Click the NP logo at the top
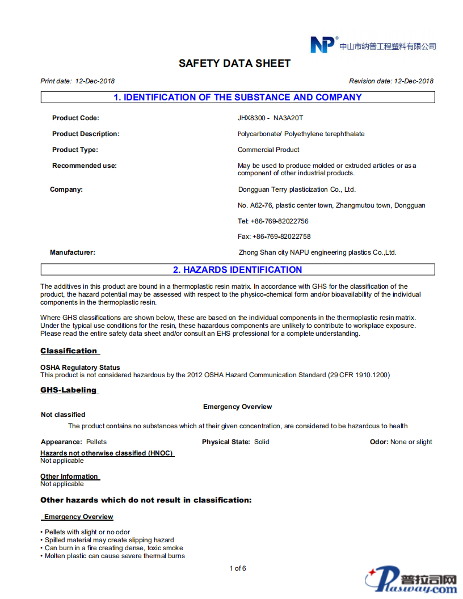point(322,45)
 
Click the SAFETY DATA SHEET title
point(234,64)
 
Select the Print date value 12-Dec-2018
point(95,81)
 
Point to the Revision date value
point(414,81)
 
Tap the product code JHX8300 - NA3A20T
point(271,118)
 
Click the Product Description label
point(86,134)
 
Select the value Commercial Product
point(268,150)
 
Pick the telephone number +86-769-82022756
point(279,221)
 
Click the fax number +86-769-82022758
point(281,237)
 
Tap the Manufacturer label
point(73,252)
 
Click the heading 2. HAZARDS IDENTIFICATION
point(237,270)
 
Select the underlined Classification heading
point(69,351)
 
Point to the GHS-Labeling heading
point(69,390)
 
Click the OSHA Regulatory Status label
point(80,368)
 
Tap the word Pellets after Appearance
point(96,442)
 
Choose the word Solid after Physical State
point(262,442)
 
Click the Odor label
point(379,442)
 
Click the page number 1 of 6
point(237,568)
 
